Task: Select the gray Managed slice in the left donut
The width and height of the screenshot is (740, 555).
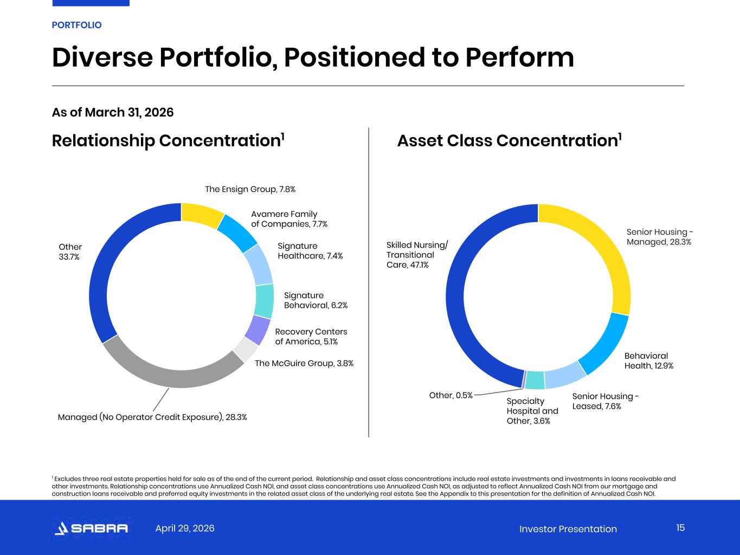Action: click(x=169, y=375)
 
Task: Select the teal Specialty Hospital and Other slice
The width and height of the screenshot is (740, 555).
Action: click(x=535, y=380)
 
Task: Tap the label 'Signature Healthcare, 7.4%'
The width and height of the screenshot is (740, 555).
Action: click(x=310, y=251)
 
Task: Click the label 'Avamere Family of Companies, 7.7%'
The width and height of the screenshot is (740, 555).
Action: click(x=289, y=219)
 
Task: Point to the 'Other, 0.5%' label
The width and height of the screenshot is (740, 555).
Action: click(x=451, y=395)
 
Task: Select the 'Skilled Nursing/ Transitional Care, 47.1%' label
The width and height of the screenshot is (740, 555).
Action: click(x=417, y=255)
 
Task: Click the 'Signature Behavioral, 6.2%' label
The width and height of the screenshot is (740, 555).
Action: click(x=316, y=300)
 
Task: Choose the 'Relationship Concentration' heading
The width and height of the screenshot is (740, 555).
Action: click(x=168, y=140)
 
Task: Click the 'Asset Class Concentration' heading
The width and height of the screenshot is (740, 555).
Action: click(x=510, y=140)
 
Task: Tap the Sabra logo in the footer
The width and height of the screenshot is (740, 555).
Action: click(x=91, y=528)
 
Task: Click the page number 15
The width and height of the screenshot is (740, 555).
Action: click(x=680, y=528)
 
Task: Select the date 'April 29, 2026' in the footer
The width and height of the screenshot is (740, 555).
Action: click(x=185, y=528)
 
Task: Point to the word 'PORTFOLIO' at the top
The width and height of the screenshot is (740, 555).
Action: click(x=76, y=25)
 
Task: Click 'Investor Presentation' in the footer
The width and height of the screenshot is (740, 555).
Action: click(x=568, y=529)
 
